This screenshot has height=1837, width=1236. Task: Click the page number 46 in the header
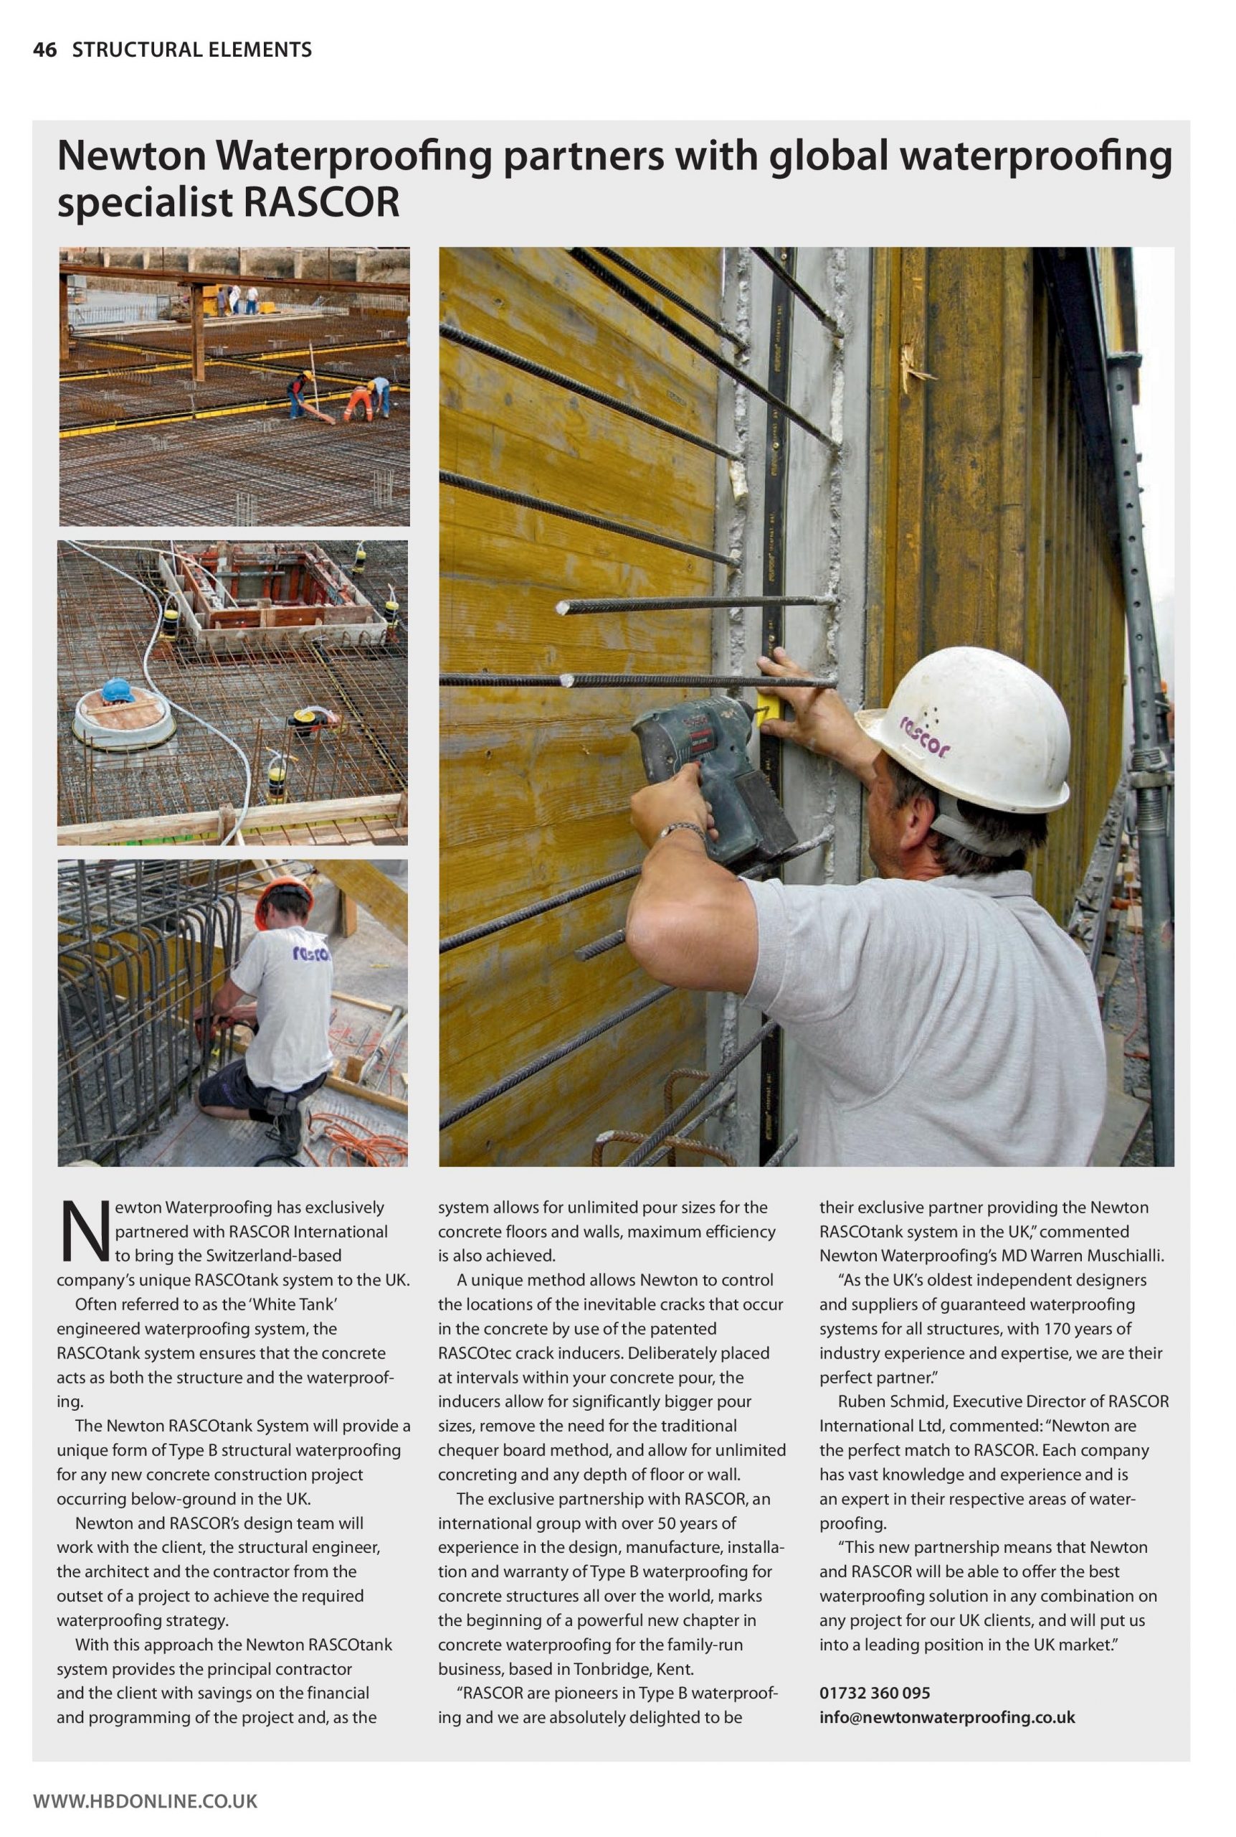click(x=45, y=50)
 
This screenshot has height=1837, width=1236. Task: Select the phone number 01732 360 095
click(x=874, y=1693)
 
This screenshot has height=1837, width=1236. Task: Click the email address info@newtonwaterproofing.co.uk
click(x=946, y=1717)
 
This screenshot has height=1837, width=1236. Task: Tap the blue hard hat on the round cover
click(x=118, y=689)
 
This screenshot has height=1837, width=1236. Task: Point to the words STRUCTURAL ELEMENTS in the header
click(x=191, y=50)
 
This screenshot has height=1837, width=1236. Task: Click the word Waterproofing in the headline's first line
click(x=356, y=157)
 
